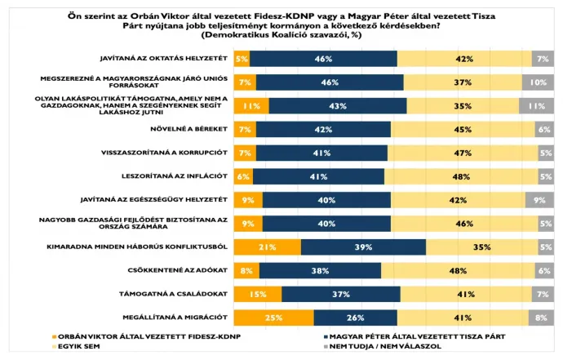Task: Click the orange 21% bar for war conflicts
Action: pyautogui.click(x=267, y=247)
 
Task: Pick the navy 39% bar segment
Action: pyautogui.click(x=363, y=247)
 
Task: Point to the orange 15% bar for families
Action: pyautogui.click(x=257, y=294)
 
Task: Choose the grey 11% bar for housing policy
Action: pyautogui.click(x=536, y=106)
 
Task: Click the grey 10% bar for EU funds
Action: pyautogui.click(x=538, y=82)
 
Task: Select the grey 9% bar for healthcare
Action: pyautogui.click(x=539, y=199)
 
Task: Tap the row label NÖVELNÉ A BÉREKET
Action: pyautogui.click(x=188, y=129)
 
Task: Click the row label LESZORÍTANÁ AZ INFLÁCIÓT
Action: pyautogui.click(x=177, y=176)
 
